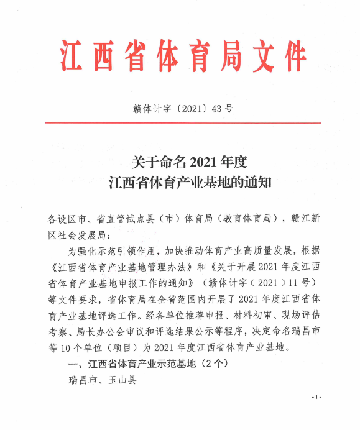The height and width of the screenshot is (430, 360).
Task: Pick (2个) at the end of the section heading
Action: click(x=215, y=362)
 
